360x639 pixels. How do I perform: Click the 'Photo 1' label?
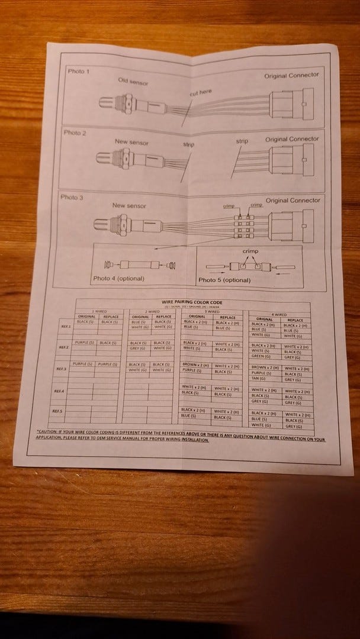click(79, 72)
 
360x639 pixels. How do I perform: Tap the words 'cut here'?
click(200, 92)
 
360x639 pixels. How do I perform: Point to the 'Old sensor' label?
click(132, 80)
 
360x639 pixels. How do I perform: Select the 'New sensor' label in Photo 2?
click(131, 142)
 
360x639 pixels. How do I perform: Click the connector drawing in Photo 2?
click(287, 162)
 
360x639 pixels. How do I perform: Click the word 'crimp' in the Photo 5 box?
click(251, 251)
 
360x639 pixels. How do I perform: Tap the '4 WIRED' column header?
click(279, 314)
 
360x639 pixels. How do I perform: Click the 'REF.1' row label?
click(66, 326)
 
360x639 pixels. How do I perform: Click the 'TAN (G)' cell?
click(258, 379)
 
